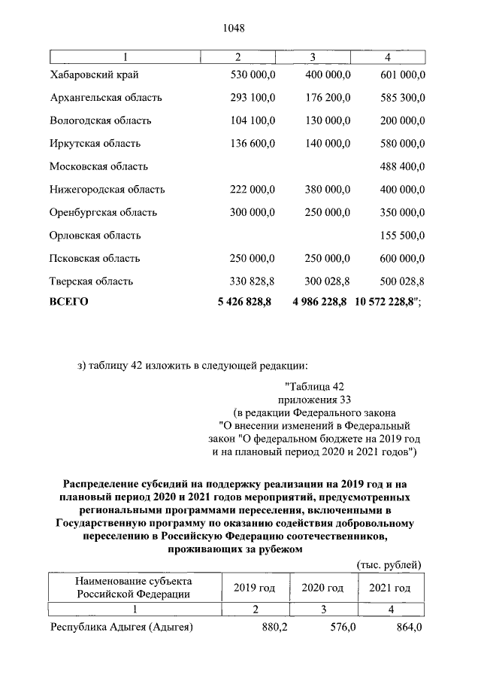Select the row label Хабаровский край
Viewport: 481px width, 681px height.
[94, 74]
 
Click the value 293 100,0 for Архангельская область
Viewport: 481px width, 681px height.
[253, 97]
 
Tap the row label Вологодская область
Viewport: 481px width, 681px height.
[101, 120]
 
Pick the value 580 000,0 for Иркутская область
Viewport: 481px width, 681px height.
[401, 143]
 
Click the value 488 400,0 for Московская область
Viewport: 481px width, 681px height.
[401, 166]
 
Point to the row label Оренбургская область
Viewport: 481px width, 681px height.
[104, 212]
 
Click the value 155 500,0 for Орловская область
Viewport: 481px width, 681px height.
[401, 236]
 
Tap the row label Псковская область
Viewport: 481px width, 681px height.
[95, 258]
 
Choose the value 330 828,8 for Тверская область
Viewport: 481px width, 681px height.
[253, 281]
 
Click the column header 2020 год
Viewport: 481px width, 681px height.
[322, 588]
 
